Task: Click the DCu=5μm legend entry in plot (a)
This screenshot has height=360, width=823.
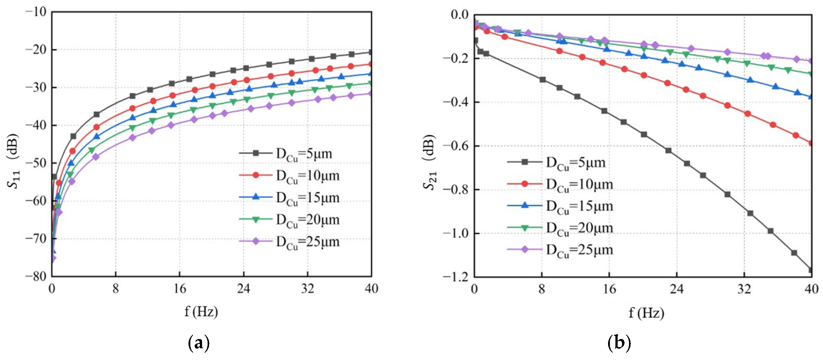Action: pyautogui.click(x=285, y=154)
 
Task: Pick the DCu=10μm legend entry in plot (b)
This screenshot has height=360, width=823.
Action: pyautogui.click(x=560, y=184)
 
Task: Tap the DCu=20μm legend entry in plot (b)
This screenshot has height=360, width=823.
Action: pyautogui.click(x=560, y=228)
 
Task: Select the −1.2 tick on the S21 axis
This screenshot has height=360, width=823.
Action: pyautogui.click(x=456, y=276)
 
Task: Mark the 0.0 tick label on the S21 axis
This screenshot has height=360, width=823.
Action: pyautogui.click(x=460, y=15)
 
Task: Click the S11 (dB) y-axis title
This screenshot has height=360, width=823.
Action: pyautogui.click(x=13, y=161)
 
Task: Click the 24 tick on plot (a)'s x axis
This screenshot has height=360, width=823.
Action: pyautogui.click(x=243, y=289)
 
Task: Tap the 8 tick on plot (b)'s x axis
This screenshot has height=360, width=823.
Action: pyautogui.click(x=542, y=289)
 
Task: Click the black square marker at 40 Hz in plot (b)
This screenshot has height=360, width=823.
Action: pyautogui.click(x=810, y=270)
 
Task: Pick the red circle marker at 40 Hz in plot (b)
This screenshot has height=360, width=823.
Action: pyautogui.click(x=810, y=143)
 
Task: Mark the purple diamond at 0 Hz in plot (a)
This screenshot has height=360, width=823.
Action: pyautogui.click(x=53, y=258)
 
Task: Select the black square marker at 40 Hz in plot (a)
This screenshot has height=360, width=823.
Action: pyautogui.click(x=370, y=52)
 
